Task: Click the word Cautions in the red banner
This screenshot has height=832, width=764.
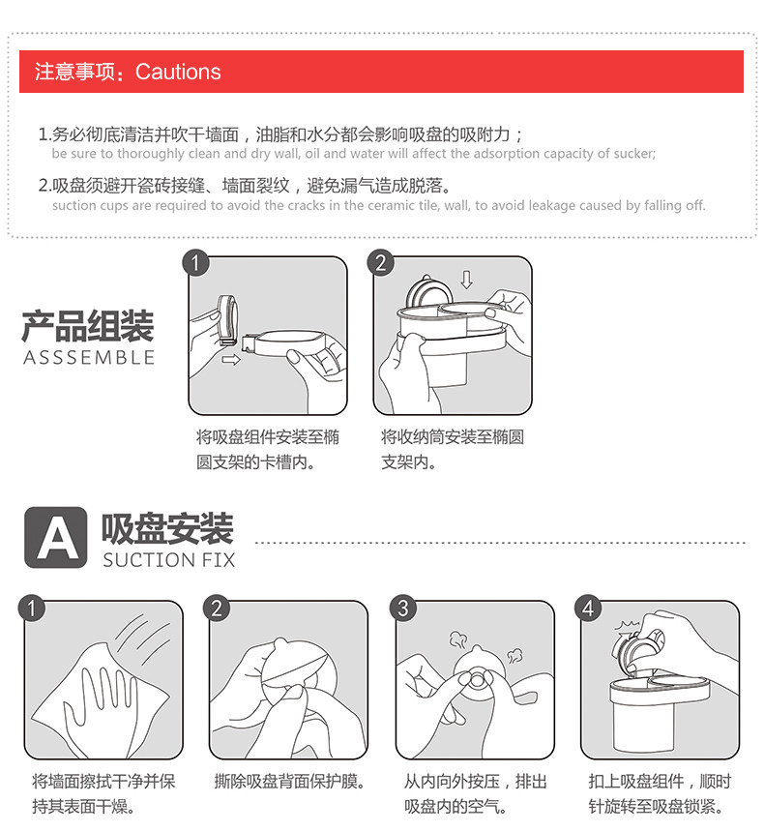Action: [x=178, y=72]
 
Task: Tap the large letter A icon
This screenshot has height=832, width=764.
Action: [x=56, y=537]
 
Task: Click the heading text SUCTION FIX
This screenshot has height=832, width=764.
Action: [x=168, y=560]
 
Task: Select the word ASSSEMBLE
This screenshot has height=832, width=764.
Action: [x=89, y=357]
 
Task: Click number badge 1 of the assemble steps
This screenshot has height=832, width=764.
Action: [x=195, y=262]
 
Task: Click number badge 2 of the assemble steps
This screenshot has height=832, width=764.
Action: [x=380, y=262]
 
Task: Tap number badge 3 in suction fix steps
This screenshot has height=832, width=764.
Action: [x=402, y=608]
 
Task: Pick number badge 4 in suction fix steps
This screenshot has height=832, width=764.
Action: [x=588, y=608]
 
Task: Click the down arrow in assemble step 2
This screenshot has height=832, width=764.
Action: [x=466, y=279]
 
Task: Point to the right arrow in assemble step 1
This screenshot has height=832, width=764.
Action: [x=231, y=360]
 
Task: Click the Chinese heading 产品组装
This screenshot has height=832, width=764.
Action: [x=88, y=326]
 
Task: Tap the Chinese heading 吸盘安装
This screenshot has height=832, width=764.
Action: [x=167, y=528]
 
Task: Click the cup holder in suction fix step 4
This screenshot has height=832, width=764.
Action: [x=659, y=711]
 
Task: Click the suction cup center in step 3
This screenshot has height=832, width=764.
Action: [x=477, y=678]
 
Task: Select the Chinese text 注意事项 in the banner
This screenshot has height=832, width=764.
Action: [x=74, y=72]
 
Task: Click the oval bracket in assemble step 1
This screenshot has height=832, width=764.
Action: [x=286, y=343]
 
